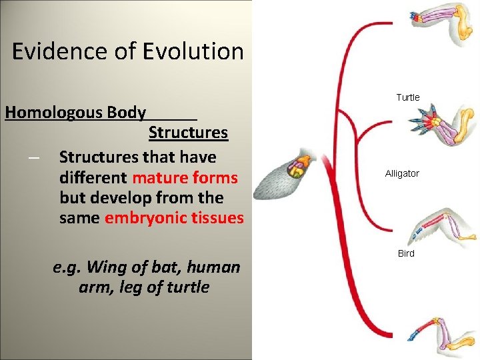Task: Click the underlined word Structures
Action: tap(188, 133)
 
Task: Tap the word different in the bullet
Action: tap(93, 178)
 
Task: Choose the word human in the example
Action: tap(213, 267)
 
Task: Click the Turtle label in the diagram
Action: tap(408, 97)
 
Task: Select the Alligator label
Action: tap(402, 173)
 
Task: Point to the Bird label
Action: tap(406, 253)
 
